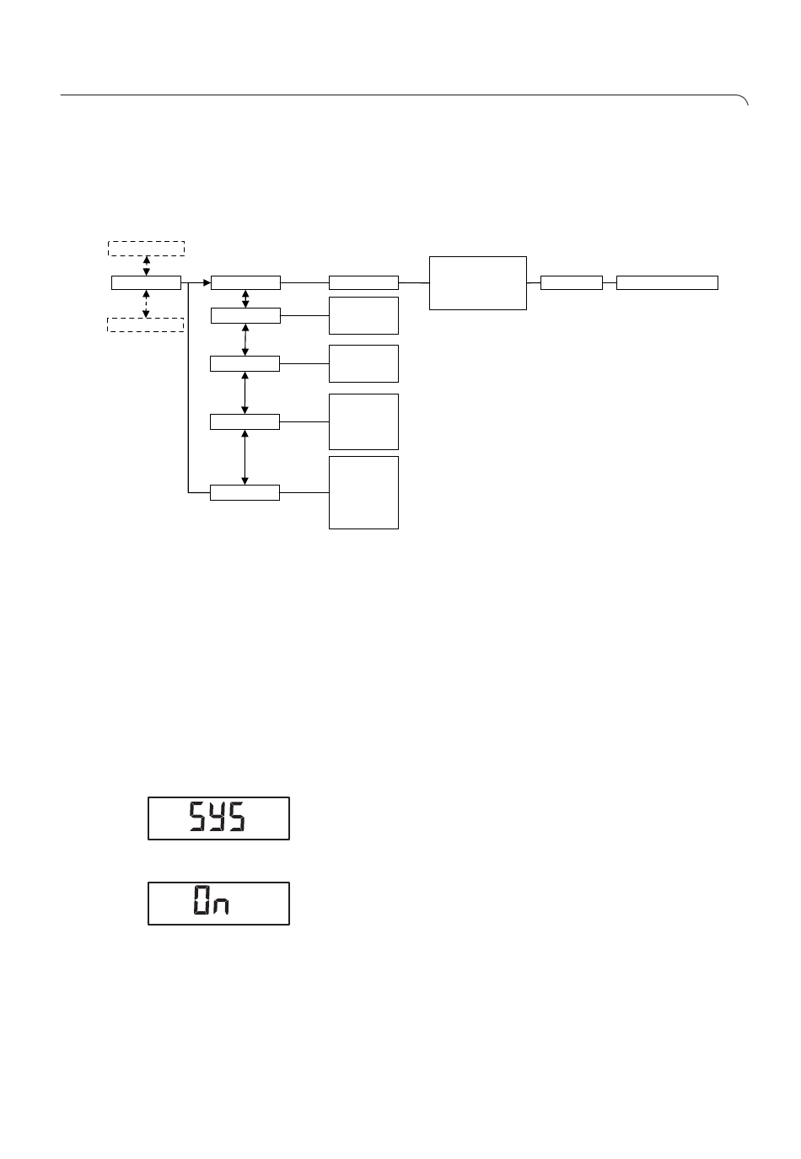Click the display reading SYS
tap(218, 818)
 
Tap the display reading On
tap(218, 904)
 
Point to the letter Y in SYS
tap(218, 817)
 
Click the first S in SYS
tap(196, 817)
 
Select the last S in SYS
tap(238, 817)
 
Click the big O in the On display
tap(202, 899)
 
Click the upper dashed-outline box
tap(146, 249)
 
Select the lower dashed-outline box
tap(145, 325)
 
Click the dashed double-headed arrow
tap(146, 303)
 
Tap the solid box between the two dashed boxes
tap(146, 282)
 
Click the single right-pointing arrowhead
tap(207, 283)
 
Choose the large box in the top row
tap(477, 283)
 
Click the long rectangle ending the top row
tap(667, 282)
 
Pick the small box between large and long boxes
tap(572, 282)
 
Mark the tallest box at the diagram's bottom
tap(363, 492)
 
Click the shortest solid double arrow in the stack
tap(245, 298)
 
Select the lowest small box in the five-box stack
tap(245, 492)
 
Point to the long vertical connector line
tap(188, 388)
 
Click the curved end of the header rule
tap(744, 99)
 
